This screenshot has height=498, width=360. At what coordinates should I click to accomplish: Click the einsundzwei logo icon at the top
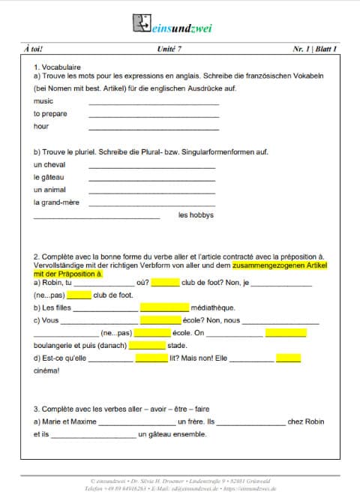point(142,23)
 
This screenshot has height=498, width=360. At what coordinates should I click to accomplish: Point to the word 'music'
point(43,100)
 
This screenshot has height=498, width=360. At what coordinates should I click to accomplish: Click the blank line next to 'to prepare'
point(154,115)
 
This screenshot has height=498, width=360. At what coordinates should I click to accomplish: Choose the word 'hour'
point(41,126)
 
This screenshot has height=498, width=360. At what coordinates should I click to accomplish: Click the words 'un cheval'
point(49,164)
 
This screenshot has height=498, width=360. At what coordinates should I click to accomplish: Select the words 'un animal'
point(50,190)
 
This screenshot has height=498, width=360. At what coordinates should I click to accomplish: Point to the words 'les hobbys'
point(196,215)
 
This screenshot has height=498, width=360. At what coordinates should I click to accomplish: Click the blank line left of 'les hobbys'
point(97,217)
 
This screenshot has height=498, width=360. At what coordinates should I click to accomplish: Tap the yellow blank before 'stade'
point(146,346)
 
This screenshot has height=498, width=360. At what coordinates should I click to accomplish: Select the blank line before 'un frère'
point(136,423)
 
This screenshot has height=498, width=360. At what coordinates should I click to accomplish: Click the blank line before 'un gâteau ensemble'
point(94,436)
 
